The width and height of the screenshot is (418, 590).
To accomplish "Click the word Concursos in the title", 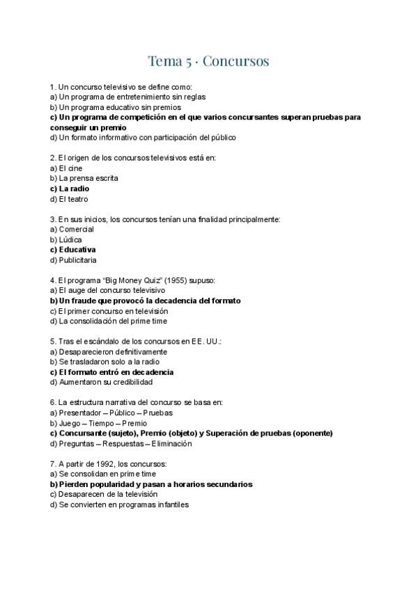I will click(235, 61).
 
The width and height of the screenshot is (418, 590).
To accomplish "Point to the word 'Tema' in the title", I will click(164, 61).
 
